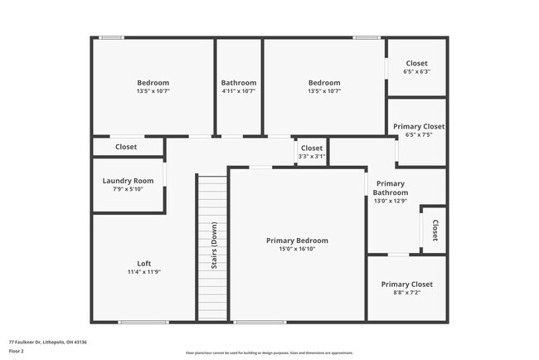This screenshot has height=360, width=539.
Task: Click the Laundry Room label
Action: coord(128,181)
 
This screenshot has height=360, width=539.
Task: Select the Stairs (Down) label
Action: coord(214,246)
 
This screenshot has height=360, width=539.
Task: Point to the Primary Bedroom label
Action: coord(297,241)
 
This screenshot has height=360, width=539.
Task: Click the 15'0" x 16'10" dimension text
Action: coord(297,249)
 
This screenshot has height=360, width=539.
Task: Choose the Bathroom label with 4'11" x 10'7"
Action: coord(239,83)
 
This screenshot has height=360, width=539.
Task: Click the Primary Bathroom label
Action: coord(390,187)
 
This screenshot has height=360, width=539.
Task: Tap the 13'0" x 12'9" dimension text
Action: coord(390,200)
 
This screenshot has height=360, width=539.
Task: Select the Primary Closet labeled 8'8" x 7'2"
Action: coord(406,285)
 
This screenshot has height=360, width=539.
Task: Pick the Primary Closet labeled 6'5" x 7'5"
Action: coord(418,127)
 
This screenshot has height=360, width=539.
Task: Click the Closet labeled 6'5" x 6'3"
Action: coord(416,64)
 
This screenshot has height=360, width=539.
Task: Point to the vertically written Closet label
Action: coord(435,230)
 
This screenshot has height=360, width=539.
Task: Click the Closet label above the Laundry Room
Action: coord(126,147)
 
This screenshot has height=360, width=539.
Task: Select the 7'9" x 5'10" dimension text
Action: coord(128,189)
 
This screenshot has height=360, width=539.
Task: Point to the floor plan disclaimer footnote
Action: coord(269,353)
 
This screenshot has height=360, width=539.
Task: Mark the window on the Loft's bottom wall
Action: coord(143,322)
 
